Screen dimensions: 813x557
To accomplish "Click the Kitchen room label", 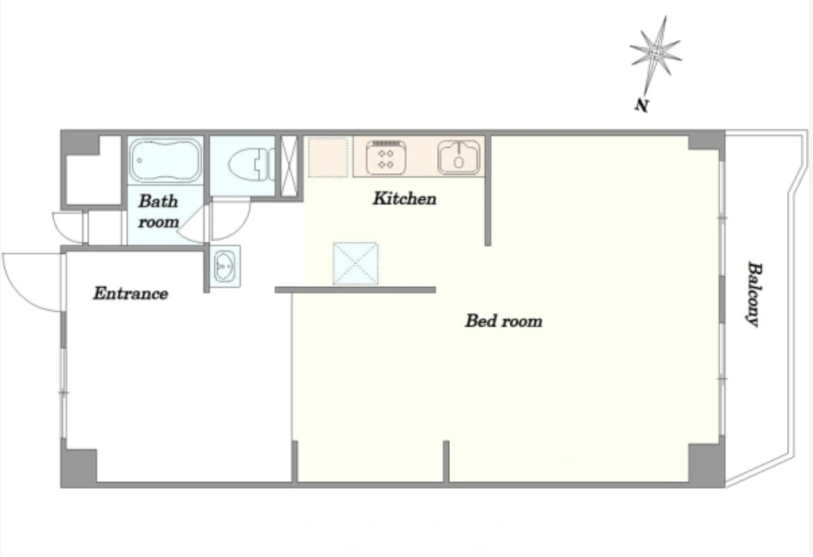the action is tap(404, 198).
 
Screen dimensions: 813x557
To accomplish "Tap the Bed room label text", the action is tap(504, 321).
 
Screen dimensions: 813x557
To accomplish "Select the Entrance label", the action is tap(131, 293).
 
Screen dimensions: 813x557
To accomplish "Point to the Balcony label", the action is tap(754, 294).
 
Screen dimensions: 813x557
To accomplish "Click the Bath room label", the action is tap(159, 211).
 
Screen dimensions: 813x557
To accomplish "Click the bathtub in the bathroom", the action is tap(165, 160).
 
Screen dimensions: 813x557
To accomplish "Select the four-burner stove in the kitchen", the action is tap(386, 158).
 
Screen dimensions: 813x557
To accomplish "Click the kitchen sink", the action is tap(459, 157).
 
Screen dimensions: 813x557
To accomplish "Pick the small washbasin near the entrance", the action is tap(225, 266).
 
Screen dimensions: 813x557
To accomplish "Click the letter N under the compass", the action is tap(641, 106).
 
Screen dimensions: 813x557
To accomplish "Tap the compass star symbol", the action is tap(656, 52).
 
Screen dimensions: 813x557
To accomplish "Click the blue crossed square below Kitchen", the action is tap(355, 264).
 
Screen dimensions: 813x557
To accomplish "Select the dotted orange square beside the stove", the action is tap(328, 157).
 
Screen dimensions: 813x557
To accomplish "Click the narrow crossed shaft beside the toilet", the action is tap(289, 166).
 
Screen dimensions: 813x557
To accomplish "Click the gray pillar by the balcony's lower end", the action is tap(707, 463).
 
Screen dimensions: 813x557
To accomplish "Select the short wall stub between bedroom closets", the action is tap(446, 461).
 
